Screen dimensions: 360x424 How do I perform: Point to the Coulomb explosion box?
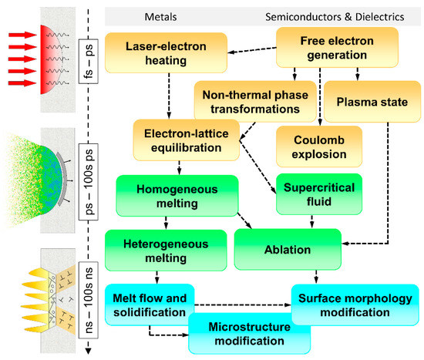point(312,146)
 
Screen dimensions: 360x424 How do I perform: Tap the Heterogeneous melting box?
point(158,250)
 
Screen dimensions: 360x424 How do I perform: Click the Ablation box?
point(290,251)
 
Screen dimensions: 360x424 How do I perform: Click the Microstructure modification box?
point(249,332)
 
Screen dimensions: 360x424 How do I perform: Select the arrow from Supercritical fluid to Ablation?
point(312,222)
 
